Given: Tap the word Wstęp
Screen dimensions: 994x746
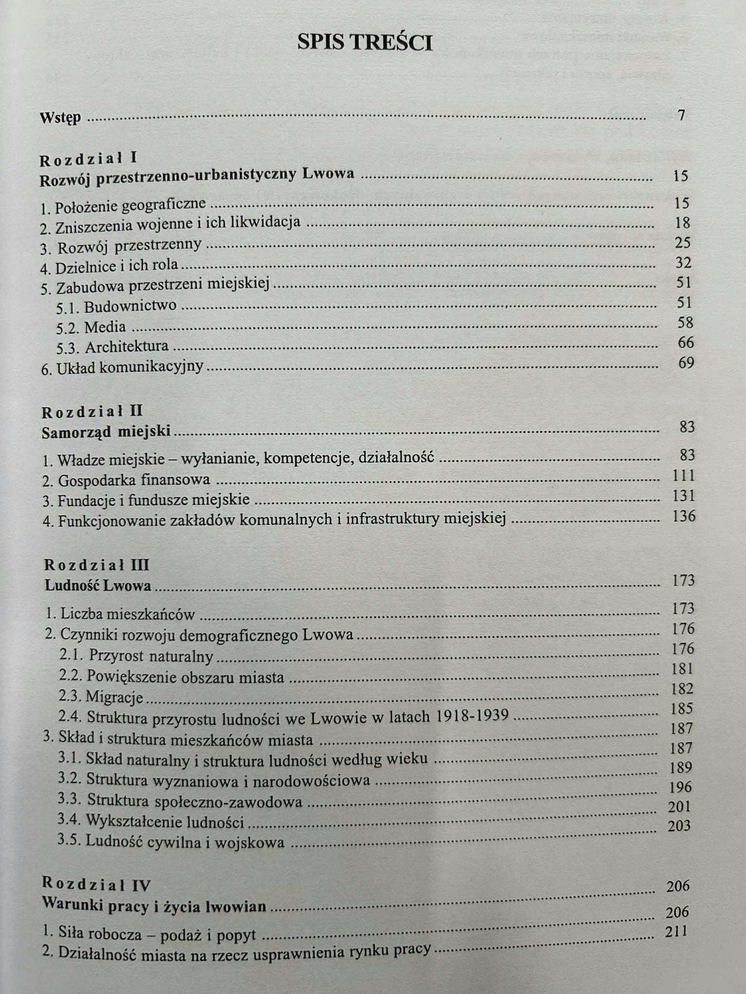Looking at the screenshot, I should [x=60, y=118].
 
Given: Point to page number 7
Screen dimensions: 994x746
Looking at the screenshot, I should [x=681, y=115].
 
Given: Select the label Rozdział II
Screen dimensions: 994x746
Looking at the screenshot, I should [x=92, y=412].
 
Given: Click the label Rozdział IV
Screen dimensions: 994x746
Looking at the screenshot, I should [x=97, y=885].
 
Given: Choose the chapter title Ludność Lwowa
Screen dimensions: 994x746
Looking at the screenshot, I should [x=98, y=585].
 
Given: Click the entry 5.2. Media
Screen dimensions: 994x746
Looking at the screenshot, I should [x=91, y=327].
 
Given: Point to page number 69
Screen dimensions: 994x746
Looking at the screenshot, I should [x=686, y=363].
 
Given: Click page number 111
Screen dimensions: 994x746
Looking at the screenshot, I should [x=684, y=476].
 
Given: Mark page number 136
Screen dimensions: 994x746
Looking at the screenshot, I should [x=684, y=516].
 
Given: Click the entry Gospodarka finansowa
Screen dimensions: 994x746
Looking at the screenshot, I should [x=126, y=480].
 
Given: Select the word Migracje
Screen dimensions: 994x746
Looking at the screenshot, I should [x=114, y=697].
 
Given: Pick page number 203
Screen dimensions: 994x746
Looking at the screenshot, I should [x=679, y=825].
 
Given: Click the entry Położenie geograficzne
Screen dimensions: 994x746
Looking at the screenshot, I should [x=123, y=206].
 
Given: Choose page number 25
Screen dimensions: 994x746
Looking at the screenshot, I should [x=682, y=242].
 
